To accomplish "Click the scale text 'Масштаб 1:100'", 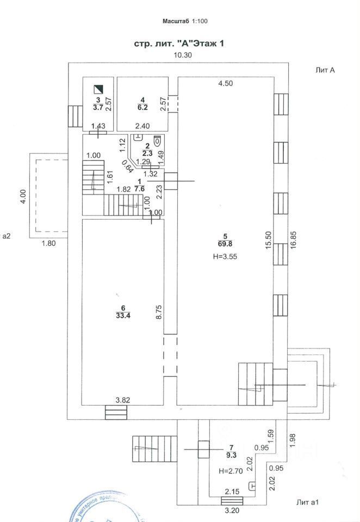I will (185, 21).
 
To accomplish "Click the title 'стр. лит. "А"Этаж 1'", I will (179, 43).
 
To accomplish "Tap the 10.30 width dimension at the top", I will (183, 55).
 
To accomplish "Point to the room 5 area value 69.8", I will (225, 244).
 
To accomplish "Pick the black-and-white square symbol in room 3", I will (98, 89).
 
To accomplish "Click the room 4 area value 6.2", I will (142, 109).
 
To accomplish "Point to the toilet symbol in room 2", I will (157, 140).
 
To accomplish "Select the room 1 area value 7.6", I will (140, 189).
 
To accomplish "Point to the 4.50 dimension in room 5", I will (225, 83).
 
